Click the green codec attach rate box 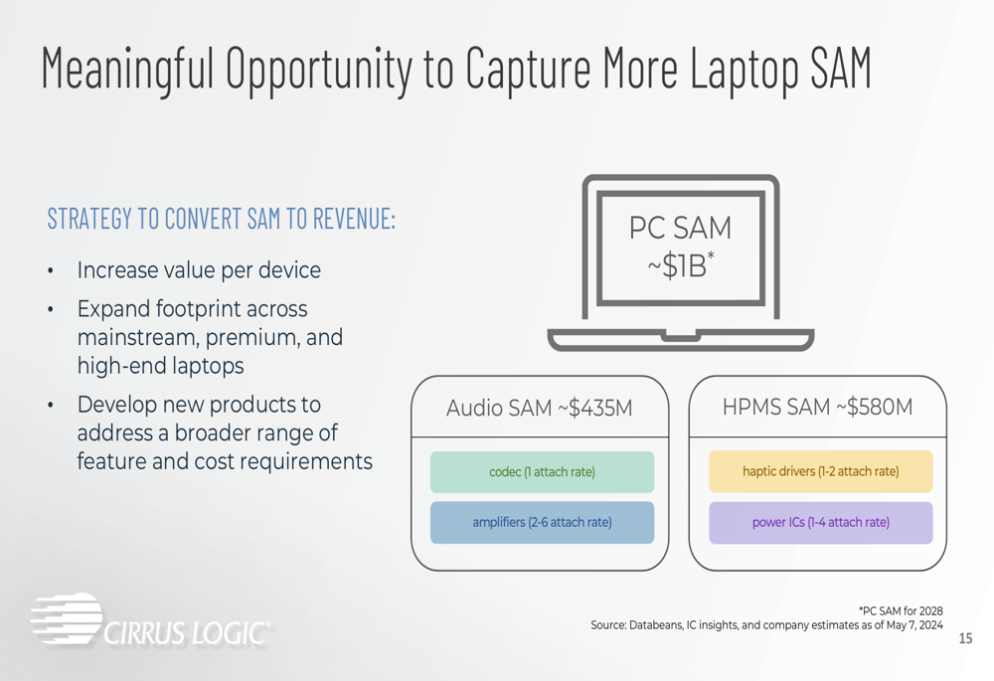(542, 472)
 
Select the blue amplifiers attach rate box (542, 523)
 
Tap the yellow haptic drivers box (821, 471)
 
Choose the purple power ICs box (821, 523)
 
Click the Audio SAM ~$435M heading (540, 408)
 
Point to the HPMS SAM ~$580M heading (818, 407)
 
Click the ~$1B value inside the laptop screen (681, 266)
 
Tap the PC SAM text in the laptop (680, 228)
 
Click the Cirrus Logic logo (151, 620)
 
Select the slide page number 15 (965, 638)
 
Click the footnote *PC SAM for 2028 (901, 611)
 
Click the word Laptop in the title (745, 69)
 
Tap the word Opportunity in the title (319, 70)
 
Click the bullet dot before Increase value (51, 271)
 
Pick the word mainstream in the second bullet (138, 337)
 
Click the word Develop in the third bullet (117, 406)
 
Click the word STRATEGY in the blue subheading (90, 219)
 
